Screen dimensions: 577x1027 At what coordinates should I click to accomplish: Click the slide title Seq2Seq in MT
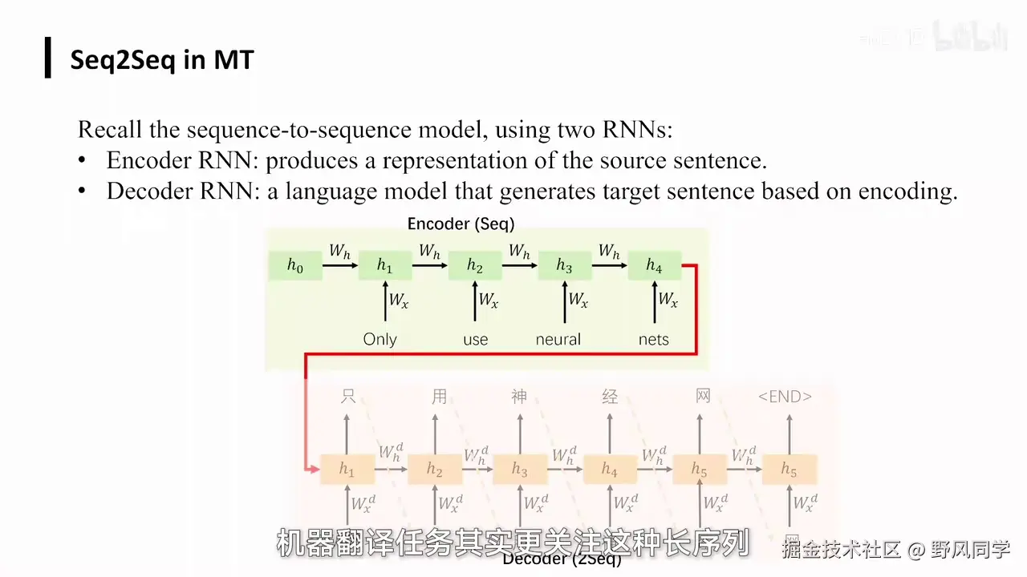click(162, 59)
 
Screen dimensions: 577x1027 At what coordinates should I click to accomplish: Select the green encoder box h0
click(295, 266)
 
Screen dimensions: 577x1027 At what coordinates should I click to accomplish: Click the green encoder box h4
click(655, 266)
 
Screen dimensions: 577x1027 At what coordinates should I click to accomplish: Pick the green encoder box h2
click(475, 266)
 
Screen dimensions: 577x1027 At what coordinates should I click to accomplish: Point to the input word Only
click(380, 339)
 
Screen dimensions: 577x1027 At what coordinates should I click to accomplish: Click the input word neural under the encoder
click(558, 339)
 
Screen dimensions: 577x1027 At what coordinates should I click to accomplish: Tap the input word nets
click(653, 339)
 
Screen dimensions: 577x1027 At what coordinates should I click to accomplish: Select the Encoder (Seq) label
click(461, 224)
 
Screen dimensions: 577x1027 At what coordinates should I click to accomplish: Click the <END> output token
click(785, 396)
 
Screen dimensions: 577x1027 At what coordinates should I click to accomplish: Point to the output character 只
click(347, 396)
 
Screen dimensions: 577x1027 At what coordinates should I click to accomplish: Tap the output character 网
click(703, 396)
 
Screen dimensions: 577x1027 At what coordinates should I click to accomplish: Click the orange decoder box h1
click(347, 470)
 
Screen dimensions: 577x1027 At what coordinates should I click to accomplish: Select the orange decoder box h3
click(520, 470)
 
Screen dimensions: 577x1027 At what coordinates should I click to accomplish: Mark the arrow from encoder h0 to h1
click(340, 266)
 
